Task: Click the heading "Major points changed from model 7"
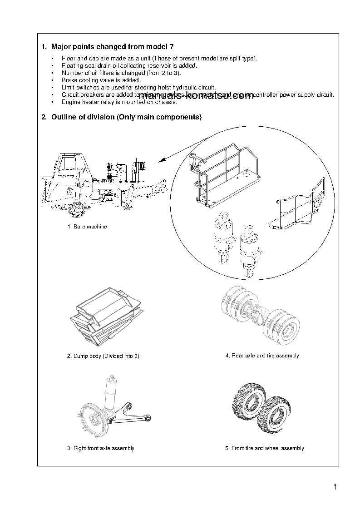click(x=112, y=46)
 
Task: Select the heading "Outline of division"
click(x=126, y=117)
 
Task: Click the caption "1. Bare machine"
click(x=87, y=227)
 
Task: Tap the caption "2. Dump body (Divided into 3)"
click(x=103, y=356)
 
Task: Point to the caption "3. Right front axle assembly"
click(x=101, y=448)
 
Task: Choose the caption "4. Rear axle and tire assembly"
click(x=262, y=356)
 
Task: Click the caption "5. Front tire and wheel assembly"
click(x=264, y=448)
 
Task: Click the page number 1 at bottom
click(x=335, y=488)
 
